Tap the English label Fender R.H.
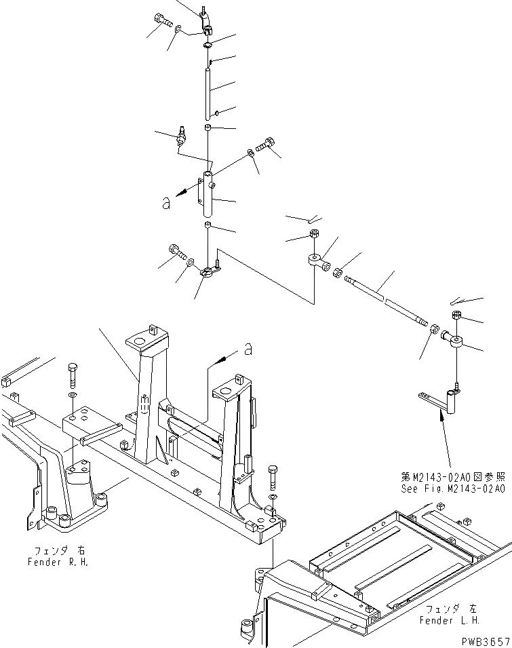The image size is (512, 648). pyautogui.click(x=58, y=562)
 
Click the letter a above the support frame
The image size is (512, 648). pyautogui.click(x=248, y=349)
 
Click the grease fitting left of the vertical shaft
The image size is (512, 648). pyautogui.click(x=181, y=136)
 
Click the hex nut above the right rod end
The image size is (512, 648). pyautogui.click(x=456, y=314)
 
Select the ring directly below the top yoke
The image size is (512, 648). pyautogui.click(x=207, y=45)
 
